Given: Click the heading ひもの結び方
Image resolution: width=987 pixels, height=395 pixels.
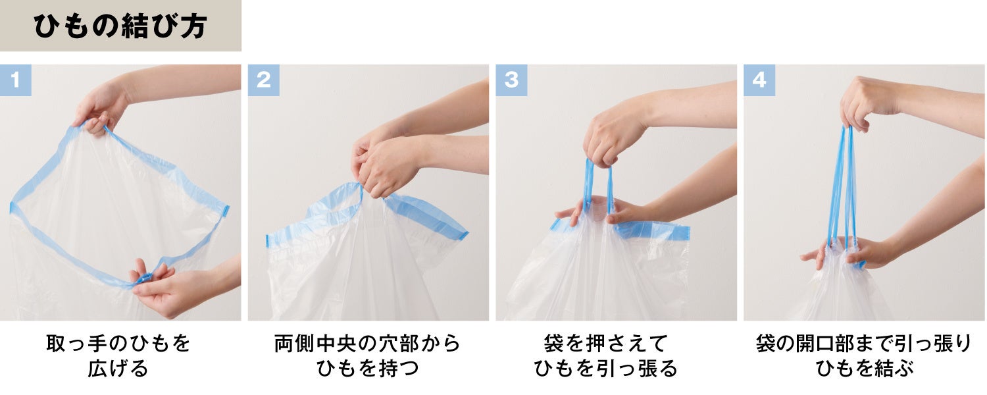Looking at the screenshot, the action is [120, 26].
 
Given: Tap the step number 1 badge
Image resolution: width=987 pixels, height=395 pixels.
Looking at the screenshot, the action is [15, 80].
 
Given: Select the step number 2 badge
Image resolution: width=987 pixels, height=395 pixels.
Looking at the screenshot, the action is [263, 80].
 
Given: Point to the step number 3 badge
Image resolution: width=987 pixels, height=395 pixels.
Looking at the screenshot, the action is [511, 80].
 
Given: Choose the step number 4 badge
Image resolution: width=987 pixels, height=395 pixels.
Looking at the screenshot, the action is [759, 80].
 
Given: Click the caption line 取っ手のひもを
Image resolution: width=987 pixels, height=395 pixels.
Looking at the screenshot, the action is [118, 344].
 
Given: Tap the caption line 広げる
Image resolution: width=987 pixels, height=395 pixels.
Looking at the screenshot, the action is [118, 369].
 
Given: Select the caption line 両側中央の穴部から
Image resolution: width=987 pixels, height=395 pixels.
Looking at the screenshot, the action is [367, 344].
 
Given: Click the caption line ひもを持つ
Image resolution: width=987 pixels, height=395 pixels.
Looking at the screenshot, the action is [367, 369].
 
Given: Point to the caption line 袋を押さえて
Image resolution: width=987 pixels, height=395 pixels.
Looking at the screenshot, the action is [606, 344].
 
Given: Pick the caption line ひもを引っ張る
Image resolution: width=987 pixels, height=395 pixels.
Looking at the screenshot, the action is [606, 369].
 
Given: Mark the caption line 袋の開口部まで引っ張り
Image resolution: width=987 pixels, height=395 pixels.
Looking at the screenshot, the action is [864, 344].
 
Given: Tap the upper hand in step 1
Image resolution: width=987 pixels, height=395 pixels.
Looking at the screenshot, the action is [101, 107].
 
